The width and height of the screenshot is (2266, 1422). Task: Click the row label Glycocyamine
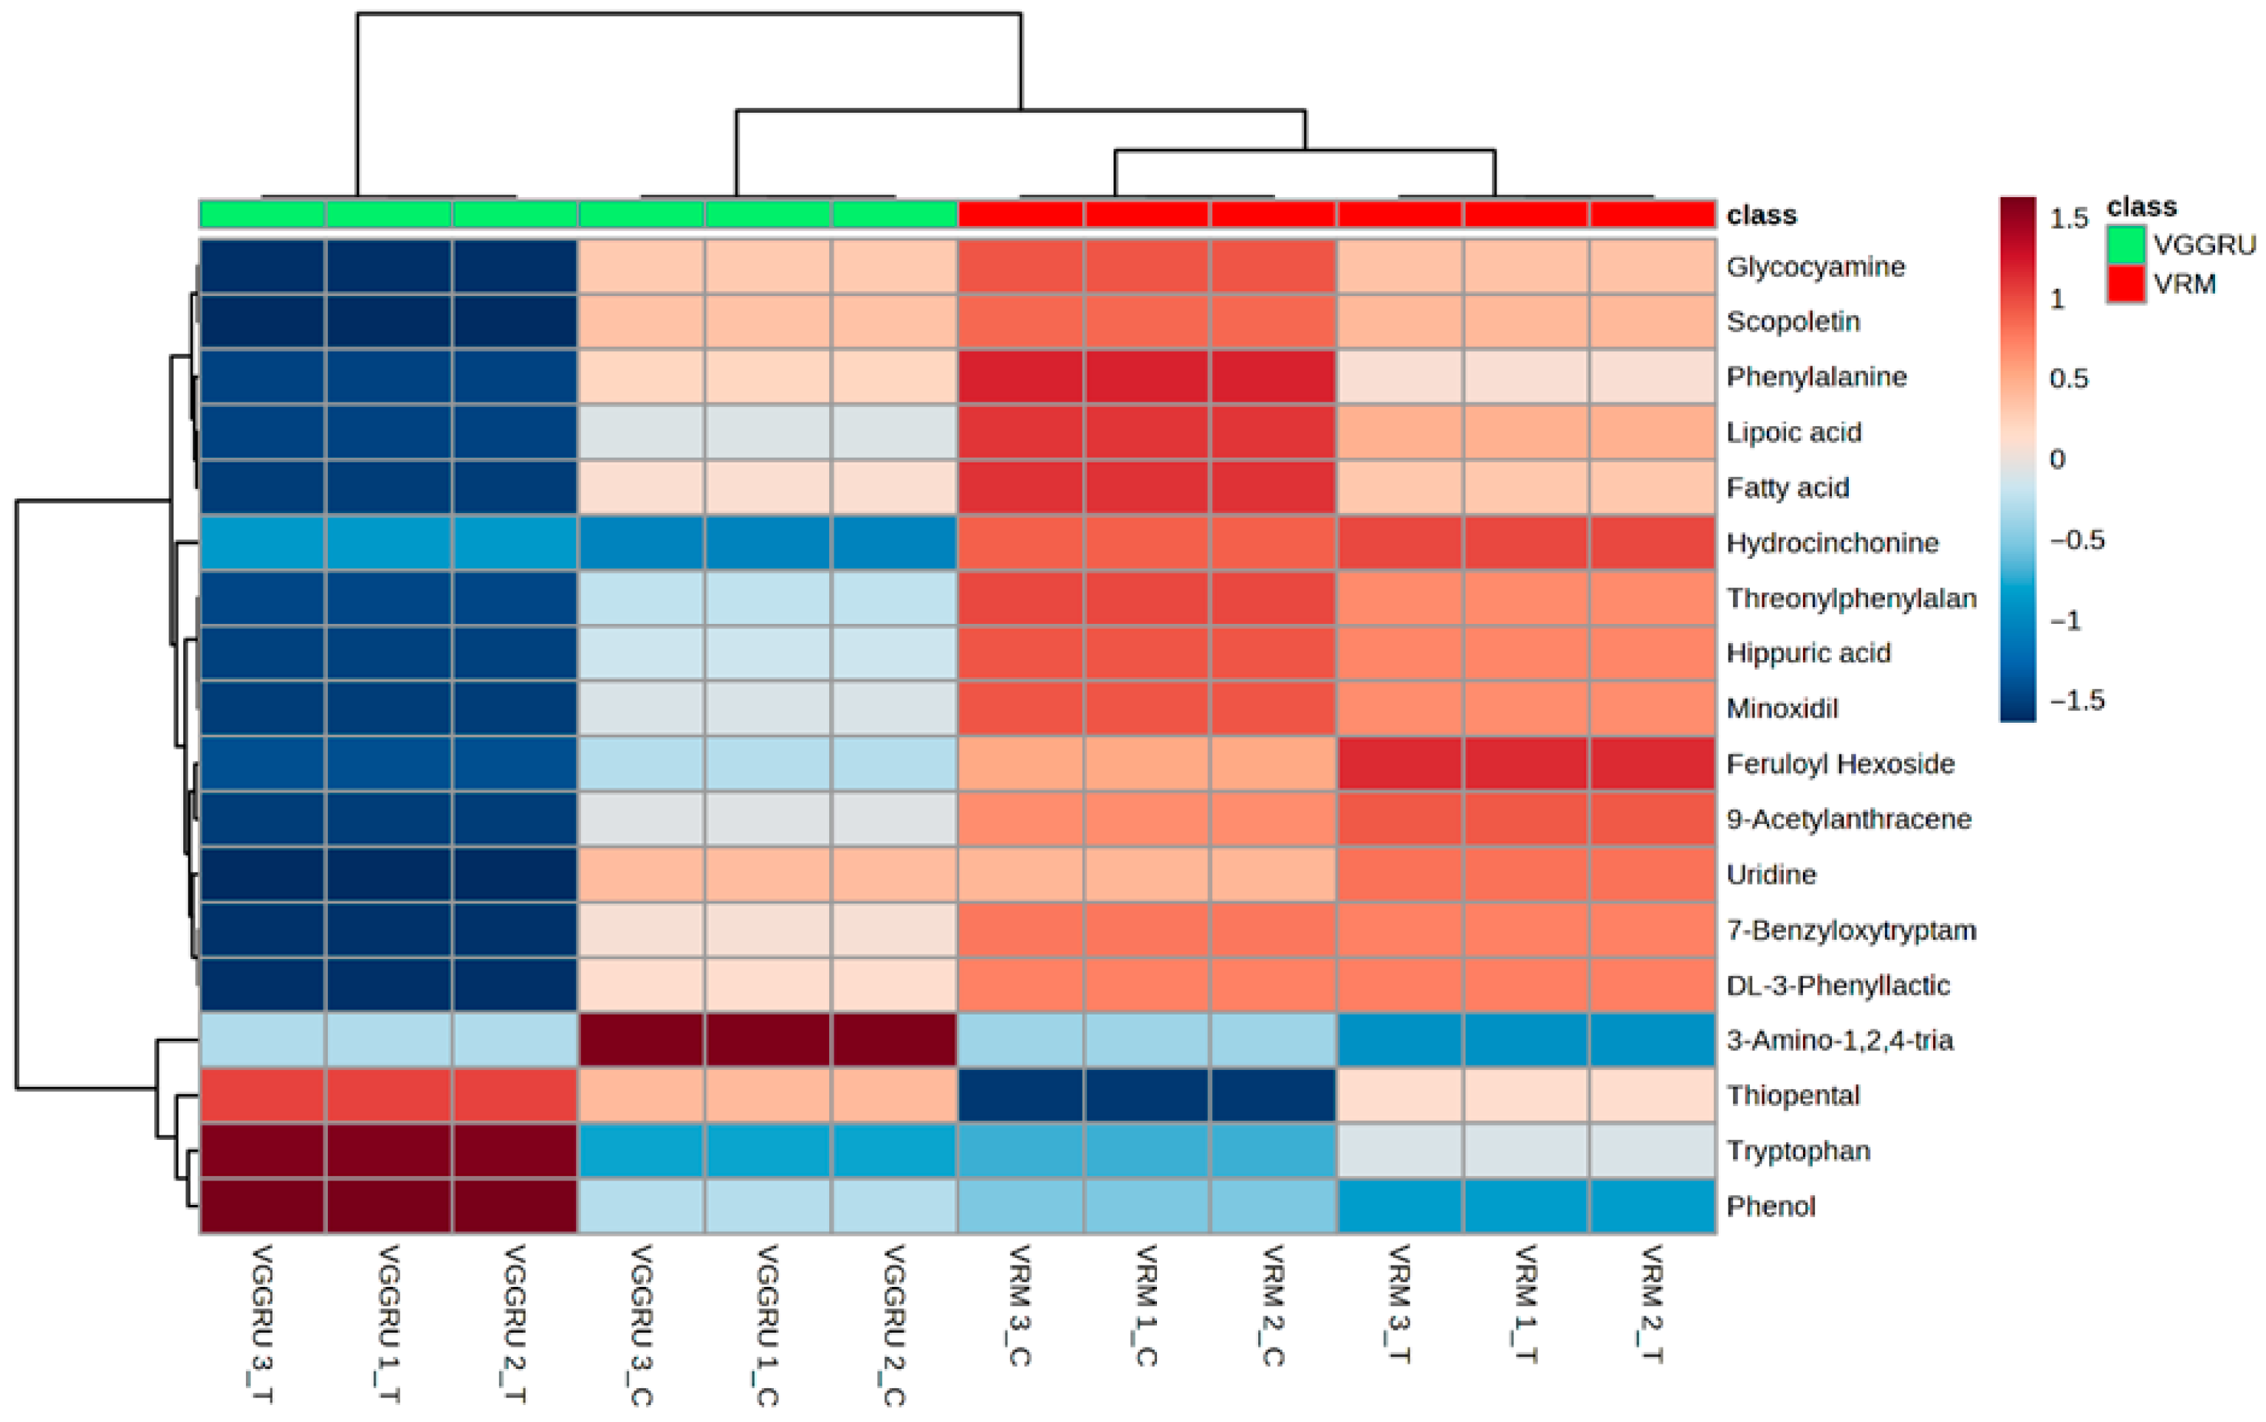tap(1815, 267)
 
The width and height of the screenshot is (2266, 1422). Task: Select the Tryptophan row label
tap(1798, 1151)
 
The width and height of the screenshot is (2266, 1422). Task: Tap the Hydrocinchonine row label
tap(1832, 543)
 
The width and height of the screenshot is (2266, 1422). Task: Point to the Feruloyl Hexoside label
tap(1840, 763)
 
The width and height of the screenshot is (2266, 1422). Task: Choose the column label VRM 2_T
tap(1651, 1305)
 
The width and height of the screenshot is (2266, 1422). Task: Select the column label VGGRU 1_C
tap(768, 1326)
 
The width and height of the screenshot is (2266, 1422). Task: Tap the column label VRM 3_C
tap(1019, 1305)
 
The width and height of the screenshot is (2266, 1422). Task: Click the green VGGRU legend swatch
tap(2125, 245)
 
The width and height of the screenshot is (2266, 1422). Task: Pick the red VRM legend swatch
tap(2125, 284)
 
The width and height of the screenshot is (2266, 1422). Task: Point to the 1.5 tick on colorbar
tap(2069, 219)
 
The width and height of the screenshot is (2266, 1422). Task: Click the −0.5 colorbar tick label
tap(2076, 540)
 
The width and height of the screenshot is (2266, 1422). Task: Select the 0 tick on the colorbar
tap(2057, 460)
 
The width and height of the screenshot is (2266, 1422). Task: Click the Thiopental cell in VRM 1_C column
tap(1146, 1096)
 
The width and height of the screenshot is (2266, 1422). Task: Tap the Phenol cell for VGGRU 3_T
tap(262, 1206)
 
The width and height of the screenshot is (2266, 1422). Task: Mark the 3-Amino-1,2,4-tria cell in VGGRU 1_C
tap(768, 1040)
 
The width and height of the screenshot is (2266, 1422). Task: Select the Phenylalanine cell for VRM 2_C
tap(1272, 377)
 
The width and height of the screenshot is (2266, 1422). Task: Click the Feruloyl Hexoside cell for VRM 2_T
tap(1651, 763)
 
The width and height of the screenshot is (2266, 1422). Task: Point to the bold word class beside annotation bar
tap(1761, 216)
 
